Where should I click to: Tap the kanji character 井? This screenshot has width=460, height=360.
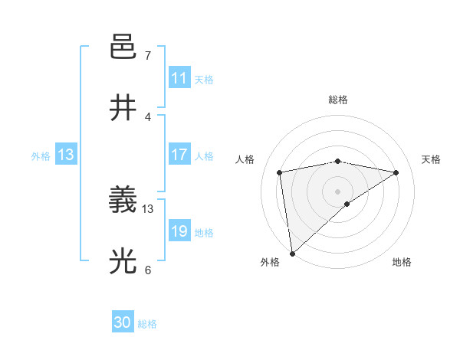pyautogui.click(x=123, y=108)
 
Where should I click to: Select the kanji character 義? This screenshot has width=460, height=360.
pyautogui.click(x=123, y=201)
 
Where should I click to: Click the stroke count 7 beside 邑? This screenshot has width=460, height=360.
pyautogui.click(x=147, y=56)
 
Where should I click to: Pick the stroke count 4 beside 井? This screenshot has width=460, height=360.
pyautogui.click(x=147, y=116)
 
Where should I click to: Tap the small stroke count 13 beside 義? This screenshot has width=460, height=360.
pyautogui.click(x=148, y=208)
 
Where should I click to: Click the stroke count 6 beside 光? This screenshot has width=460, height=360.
pyautogui.click(x=147, y=270)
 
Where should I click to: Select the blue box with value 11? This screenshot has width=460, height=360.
pyautogui.click(x=179, y=78)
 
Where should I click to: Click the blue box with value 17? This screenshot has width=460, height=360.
pyautogui.click(x=179, y=155)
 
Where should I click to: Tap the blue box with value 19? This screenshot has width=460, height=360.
pyautogui.click(x=179, y=231)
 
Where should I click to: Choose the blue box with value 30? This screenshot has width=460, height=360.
pyautogui.click(x=123, y=323)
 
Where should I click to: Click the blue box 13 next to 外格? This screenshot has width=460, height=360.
pyautogui.click(x=66, y=155)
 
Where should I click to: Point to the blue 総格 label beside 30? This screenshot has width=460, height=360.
pyautogui.click(x=147, y=324)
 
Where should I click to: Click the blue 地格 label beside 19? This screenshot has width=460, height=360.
pyautogui.click(x=204, y=232)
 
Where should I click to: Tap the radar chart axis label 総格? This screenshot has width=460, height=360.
pyautogui.click(x=338, y=100)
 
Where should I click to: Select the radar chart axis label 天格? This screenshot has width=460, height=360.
pyautogui.click(x=432, y=159)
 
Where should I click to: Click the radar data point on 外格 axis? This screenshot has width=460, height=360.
pyautogui.click(x=291, y=254)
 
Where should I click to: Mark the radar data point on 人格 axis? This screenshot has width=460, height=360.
pyautogui.click(x=280, y=172)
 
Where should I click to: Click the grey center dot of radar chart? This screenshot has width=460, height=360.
pyautogui.click(x=338, y=191)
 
